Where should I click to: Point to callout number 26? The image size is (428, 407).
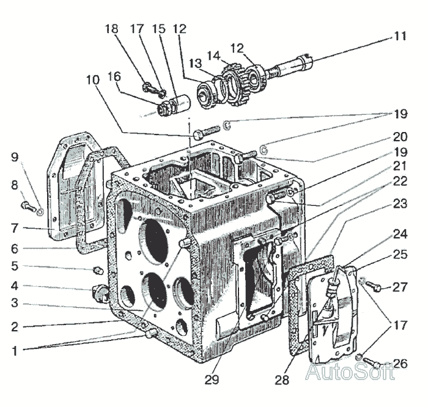click(x=400, y=364)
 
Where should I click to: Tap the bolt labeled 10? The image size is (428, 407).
click(x=205, y=133)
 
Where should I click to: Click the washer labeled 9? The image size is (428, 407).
click(x=39, y=213)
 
